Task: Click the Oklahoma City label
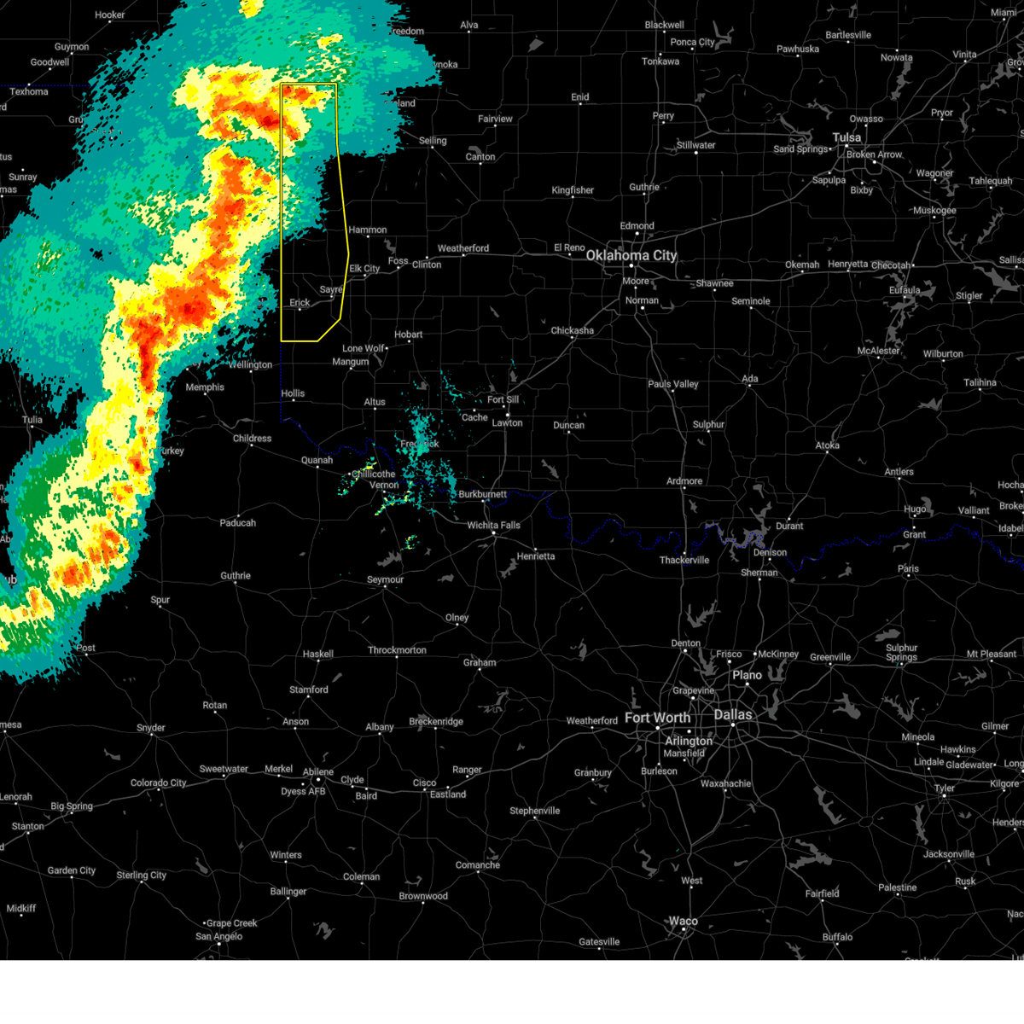point(631,255)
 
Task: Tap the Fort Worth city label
point(657,718)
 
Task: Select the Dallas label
point(733,714)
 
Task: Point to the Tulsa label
point(847,137)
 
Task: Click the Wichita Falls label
point(493,525)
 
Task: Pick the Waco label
point(683,921)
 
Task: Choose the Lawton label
point(507,422)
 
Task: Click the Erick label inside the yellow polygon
point(300,302)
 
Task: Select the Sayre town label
point(331,290)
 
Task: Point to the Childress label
point(252,439)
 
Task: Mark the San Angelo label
point(218,936)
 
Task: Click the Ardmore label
point(684,481)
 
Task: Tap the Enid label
point(579,97)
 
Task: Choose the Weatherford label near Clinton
point(463,248)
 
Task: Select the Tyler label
point(944,788)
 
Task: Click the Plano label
point(747,675)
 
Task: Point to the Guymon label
point(72,47)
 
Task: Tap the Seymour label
point(385,579)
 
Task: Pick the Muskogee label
point(934,210)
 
